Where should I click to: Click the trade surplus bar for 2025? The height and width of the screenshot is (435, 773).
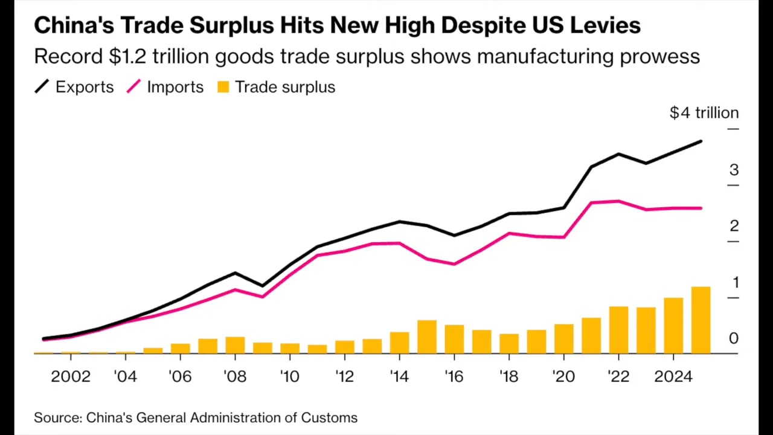click(701, 320)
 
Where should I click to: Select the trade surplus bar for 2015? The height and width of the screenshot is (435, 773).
click(427, 337)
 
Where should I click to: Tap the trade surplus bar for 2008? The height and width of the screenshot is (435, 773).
click(235, 345)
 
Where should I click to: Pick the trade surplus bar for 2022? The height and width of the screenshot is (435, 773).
click(618, 330)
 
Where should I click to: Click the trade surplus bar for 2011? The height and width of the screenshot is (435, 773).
click(317, 349)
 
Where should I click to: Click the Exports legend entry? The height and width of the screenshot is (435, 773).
click(74, 87)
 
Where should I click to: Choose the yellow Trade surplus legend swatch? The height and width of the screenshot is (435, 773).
click(223, 87)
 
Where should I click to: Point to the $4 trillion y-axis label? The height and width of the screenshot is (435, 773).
click(704, 113)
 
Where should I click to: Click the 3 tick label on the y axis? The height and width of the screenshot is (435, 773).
click(734, 170)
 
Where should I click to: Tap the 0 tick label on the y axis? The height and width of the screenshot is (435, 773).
click(734, 338)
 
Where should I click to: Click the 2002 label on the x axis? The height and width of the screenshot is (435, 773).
click(71, 376)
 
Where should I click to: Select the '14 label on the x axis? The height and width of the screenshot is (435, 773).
click(399, 376)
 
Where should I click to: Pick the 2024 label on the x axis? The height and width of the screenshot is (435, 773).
click(673, 376)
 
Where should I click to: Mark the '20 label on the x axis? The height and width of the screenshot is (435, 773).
click(563, 376)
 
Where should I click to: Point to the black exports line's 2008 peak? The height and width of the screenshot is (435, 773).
click(235, 273)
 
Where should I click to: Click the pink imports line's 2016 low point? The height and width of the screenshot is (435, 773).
click(454, 264)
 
